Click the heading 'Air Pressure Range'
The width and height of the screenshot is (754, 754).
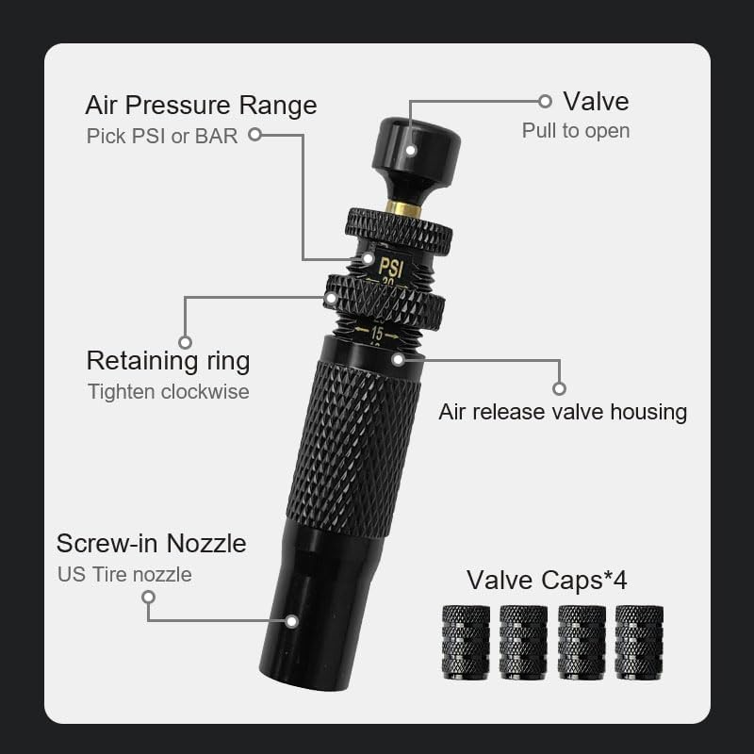[x=201, y=104]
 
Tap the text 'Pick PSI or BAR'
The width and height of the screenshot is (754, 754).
[x=161, y=136]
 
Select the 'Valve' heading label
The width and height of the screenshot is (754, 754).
[x=596, y=101]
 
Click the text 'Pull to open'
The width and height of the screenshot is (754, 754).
[x=575, y=131]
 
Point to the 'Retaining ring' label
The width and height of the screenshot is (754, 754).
[x=168, y=360]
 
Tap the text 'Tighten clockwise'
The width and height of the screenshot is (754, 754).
[x=168, y=391]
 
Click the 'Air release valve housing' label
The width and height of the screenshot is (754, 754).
[x=563, y=412]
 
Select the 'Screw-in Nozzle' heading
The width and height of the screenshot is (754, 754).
[x=151, y=543]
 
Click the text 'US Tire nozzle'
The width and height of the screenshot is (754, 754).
[x=124, y=574]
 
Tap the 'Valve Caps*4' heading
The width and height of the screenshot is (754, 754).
[x=547, y=580]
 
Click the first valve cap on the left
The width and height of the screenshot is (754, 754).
[x=466, y=641]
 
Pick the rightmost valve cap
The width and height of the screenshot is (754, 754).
[x=639, y=641]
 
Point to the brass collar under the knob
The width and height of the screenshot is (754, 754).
[x=404, y=208]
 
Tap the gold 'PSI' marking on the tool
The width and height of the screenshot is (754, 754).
[x=390, y=268]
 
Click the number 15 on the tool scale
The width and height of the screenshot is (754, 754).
[x=377, y=334]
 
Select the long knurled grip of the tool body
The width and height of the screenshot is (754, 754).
[x=353, y=448]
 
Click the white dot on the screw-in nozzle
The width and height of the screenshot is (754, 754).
[x=292, y=621]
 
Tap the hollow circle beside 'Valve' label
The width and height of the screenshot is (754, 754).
[x=545, y=101]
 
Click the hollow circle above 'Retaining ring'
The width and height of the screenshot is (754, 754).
[x=185, y=342]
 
